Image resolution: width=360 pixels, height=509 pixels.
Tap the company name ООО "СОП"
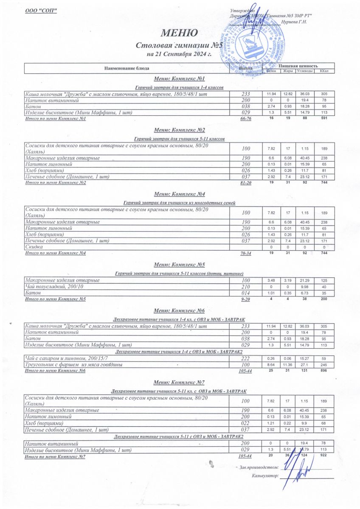point(41,10)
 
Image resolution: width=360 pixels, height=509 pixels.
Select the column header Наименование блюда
point(127,68)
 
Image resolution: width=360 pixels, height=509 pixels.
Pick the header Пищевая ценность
point(299,66)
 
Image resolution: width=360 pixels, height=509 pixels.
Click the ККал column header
point(325,71)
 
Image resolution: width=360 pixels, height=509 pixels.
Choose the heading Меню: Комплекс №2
point(180,130)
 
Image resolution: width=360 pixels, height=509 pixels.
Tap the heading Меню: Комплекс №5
point(180,265)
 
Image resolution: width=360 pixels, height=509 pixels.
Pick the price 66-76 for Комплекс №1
point(246,119)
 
